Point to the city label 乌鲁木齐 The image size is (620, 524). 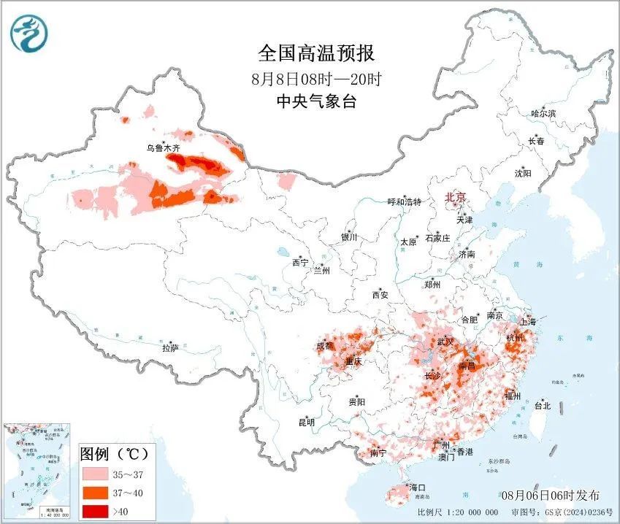pos(163,148)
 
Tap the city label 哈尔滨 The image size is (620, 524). pos(543,114)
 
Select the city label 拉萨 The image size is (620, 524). pos(170,349)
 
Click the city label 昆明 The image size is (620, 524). pos(306,423)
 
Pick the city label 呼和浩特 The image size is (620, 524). pos(405,202)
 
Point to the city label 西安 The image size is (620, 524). pos(380,295)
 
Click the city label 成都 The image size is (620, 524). pos(325,346)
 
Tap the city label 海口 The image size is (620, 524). pos(417,487)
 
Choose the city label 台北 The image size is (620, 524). pos(542,406)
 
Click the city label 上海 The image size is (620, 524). pos(527,322)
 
